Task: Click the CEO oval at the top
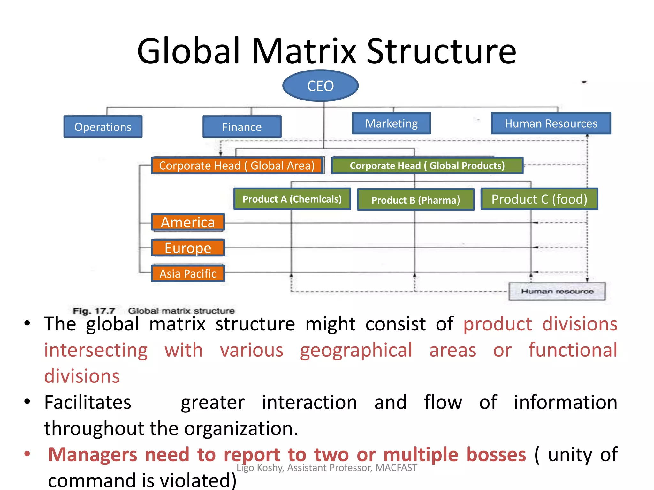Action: coord(320,86)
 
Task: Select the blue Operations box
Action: coord(103,127)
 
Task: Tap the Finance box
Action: coord(242,127)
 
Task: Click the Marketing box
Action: coord(391,123)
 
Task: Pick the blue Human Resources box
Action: coord(551,123)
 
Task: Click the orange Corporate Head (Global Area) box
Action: coord(237,166)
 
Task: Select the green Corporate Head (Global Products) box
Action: coord(427,166)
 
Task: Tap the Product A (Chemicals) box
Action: coord(292,199)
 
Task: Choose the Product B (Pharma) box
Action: coord(415,200)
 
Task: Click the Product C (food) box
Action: coord(539,199)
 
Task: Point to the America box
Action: coord(188,222)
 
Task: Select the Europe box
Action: coord(188,248)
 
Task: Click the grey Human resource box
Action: coord(557,291)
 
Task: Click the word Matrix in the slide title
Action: coord(304,51)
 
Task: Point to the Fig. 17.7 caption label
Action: coord(94,311)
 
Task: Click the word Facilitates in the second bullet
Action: coord(87,402)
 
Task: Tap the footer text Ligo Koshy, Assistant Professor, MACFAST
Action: coord(327,468)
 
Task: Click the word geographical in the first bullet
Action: coord(356,350)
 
